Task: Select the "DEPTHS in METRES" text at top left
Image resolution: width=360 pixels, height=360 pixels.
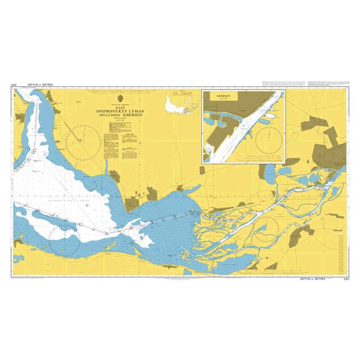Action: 40,85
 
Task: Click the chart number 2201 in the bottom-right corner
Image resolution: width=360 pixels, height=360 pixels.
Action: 344,279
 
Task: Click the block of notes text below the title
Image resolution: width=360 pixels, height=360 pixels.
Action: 114,146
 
